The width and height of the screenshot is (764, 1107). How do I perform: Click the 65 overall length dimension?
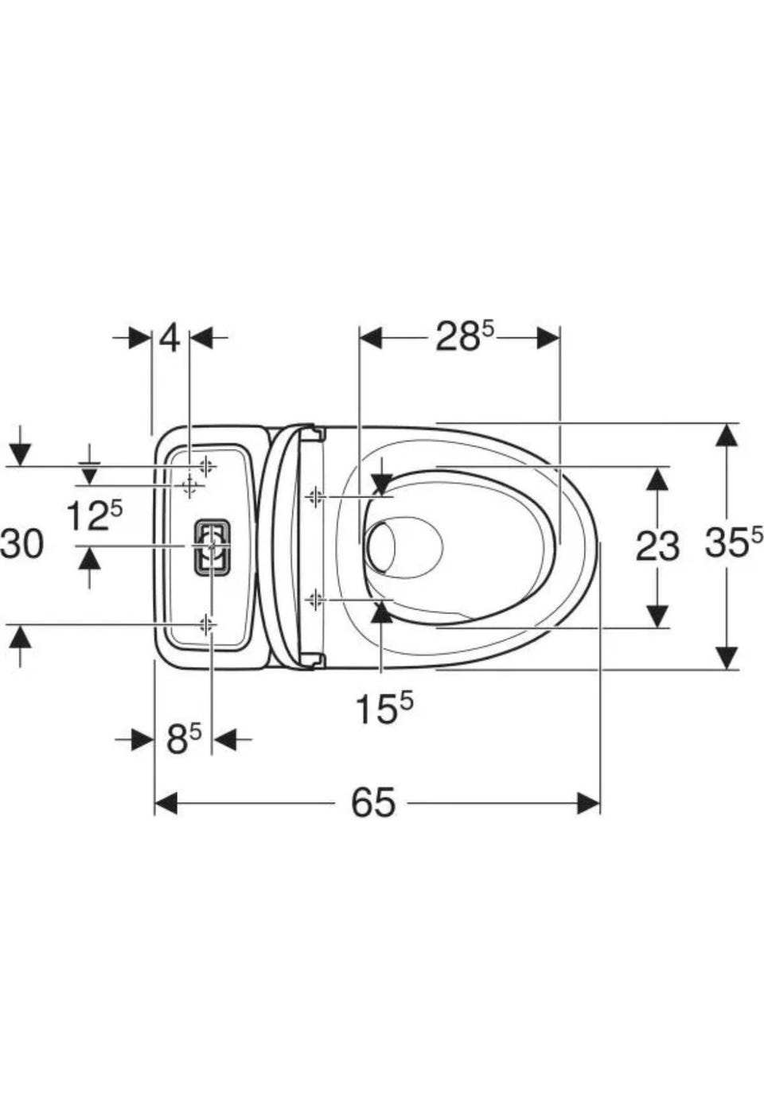pyautogui.click(x=373, y=802)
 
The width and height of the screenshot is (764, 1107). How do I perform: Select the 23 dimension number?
pyautogui.click(x=657, y=546)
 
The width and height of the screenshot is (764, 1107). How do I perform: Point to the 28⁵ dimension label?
pyautogui.click(x=465, y=336)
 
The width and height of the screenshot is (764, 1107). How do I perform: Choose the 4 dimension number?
pyautogui.click(x=170, y=338)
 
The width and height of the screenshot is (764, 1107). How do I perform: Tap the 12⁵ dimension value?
pyautogui.click(x=95, y=515)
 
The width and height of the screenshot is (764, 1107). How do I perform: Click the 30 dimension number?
pyautogui.click(x=21, y=544)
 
